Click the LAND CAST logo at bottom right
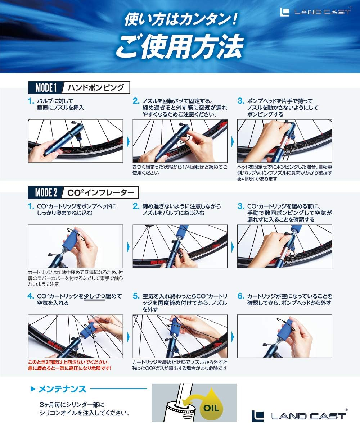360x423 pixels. click(300, 415)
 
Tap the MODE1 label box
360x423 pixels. click(46, 88)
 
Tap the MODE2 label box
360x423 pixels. click(46, 193)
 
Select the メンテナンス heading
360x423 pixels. click(62, 389)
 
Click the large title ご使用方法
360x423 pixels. click(180, 46)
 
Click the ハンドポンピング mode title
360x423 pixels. click(96, 87)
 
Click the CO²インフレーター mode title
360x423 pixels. click(101, 193)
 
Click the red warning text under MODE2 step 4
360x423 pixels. click(69, 365)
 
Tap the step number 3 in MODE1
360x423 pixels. click(240, 101)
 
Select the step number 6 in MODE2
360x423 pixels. click(240, 296)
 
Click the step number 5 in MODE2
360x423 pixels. click(136, 296)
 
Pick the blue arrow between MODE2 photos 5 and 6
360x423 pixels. click(233, 337)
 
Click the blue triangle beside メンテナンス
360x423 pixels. click(33, 389)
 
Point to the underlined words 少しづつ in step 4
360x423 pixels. click(94, 296)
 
